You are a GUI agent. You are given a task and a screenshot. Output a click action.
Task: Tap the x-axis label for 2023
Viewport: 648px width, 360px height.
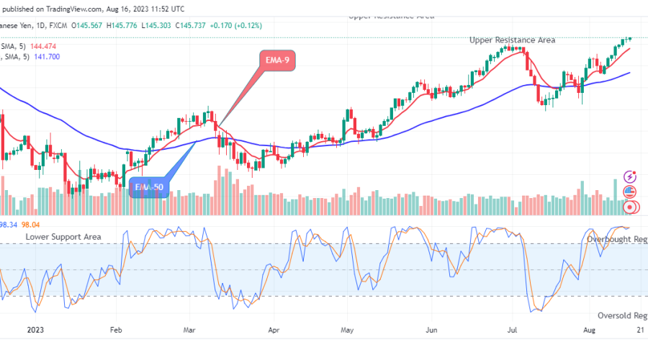pos(35,333)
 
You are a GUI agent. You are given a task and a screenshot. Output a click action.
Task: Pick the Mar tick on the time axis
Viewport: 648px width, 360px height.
pos(190,333)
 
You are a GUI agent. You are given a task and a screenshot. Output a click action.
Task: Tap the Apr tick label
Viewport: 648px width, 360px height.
pos(273,333)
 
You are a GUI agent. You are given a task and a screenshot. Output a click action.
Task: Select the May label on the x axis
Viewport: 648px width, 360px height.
pos(347,333)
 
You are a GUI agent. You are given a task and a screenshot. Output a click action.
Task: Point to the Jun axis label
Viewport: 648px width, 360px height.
pos(433,333)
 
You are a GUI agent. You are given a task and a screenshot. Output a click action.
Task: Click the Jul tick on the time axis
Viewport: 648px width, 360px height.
pos(513,333)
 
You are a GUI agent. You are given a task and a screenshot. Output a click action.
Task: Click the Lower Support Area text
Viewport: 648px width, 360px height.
pos(63,236)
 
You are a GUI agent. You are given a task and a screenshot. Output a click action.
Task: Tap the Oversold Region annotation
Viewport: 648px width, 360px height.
pos(622,315)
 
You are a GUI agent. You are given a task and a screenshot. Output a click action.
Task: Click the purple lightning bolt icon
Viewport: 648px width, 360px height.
pos(631,176)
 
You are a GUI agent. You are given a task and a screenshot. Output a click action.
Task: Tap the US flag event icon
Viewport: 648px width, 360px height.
pos(631,192)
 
